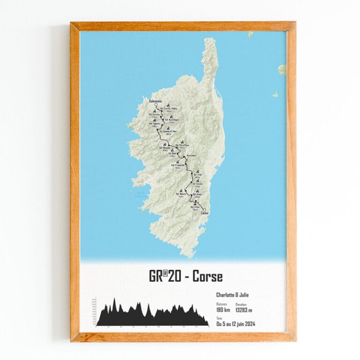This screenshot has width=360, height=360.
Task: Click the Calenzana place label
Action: coord(156,101)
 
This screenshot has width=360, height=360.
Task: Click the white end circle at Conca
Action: coord(204,210)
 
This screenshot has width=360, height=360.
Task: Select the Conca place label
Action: coord(204,214)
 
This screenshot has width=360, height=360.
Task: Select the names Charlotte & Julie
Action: coord(232,295)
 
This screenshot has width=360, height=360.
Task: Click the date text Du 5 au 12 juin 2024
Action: coord(235,324)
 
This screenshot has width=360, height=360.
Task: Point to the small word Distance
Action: coord(221,304)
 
